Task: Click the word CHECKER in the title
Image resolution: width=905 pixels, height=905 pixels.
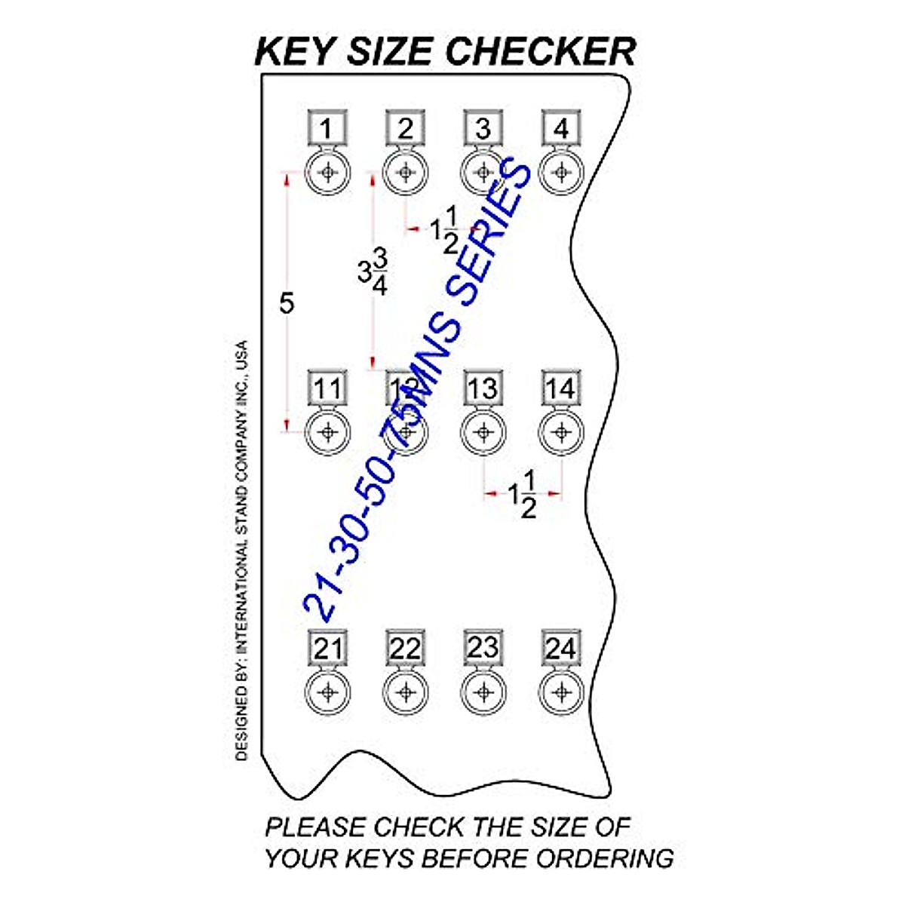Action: click(x=541, y=51)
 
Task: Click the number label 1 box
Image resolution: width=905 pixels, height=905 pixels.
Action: click(x=327, y=130)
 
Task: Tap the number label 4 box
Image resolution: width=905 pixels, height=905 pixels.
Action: click(x=560, y=130)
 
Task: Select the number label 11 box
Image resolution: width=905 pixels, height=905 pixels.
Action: click(x=327, y=389)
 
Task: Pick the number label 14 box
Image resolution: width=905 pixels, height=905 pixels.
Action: click(x=560, y=389)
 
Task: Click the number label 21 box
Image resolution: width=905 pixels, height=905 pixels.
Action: click(x=327, y=649)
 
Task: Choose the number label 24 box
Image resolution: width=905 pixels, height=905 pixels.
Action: click(x=560, y=649)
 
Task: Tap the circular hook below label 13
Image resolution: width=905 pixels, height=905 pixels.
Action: click(x=483, y=433)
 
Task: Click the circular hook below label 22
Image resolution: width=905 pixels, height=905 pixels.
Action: click(x=405, y=692)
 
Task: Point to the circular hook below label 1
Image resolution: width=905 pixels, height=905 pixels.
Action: click(x=327, y=173)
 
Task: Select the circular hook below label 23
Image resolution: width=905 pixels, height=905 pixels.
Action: click(x=483, y=692)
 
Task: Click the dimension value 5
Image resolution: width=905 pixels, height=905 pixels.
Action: click(x=287, y=303)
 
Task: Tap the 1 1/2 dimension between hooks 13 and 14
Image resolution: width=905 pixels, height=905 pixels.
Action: click(x=522, y=495)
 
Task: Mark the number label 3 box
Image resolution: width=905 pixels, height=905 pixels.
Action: click(x=483, y=130)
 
